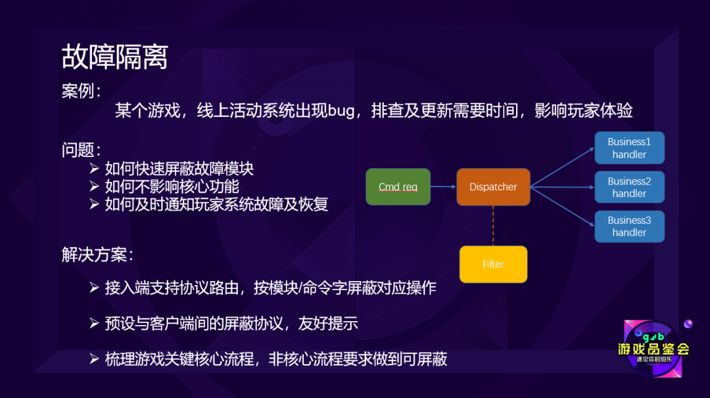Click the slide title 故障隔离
pyautogui.click(x=114, y=57)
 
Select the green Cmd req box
pyautogui.click(x=398, y=187)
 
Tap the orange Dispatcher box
pyautogui.click(x=493, y=187)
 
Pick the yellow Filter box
pyautogui.click(x=493, y=264)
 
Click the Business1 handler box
pyautogui.click(x=629, y=148)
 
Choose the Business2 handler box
pyautogui.click(x=629, y=187)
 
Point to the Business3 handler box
pyautogui.click(x=629, y=226)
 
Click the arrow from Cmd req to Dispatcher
pyautogui.click(x=444, y=187)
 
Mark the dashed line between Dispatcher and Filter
pyautogui.click(x=493, y=225)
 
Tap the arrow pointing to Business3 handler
pyautogui.click(x=562, y=206)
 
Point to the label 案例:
pyautogui.click(x=82, y=91)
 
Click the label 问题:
pyautogui.click(x=82, y=150)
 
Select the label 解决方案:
pyautogui.click(x=98, y=254)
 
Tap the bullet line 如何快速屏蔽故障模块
pyautogui.click(x=179, y=169)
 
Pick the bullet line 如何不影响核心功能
pyautogui.click(x=172, y=187)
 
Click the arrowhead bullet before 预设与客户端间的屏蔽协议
pyautogui.click(x=95, y=323)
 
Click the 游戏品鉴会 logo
pyautogui.click(x=653, y=348)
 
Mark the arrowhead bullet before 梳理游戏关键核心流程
pyautogui.click(x=95, y=359)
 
